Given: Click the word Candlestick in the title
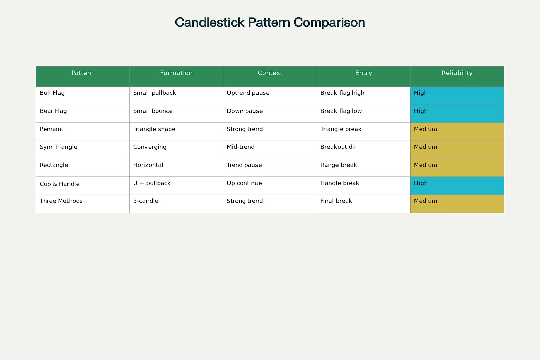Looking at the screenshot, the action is click(x=210, y=22).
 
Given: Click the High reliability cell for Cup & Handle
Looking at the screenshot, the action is click(x=457, y=186).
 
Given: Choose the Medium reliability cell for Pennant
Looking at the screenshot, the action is click(x=457, y=132).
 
